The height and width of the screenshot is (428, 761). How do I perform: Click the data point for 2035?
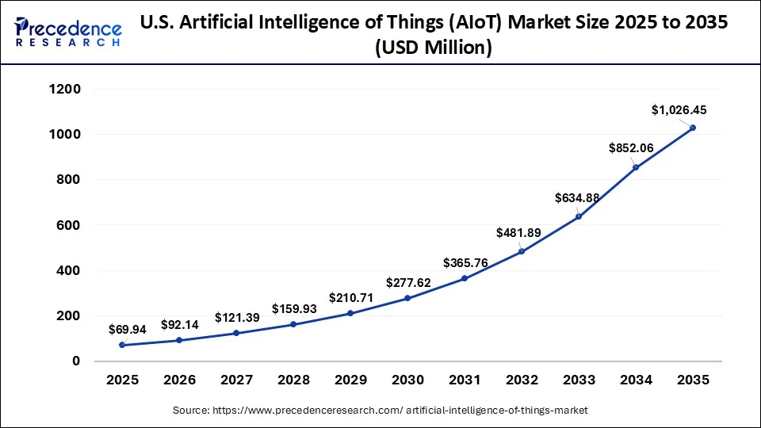pyautogui.click(x=693, y=128)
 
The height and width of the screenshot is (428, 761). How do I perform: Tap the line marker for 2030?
pyautogui.click(x=407, y=298)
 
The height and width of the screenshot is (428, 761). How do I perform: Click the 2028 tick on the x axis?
pyautogui.click(x=293, y=380)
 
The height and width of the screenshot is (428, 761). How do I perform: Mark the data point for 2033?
pyautogui.click(x=579, y=216)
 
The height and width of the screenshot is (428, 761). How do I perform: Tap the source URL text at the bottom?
pyautogui.click(x=380, y=411)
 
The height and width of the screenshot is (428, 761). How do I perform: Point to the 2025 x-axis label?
pyautogui.click(x=122, y=380)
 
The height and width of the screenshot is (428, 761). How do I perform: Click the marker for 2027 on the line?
pyautogui.click(x=236, y=333)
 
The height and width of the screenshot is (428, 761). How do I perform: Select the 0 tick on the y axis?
pyautogui.click(x=76, y=361)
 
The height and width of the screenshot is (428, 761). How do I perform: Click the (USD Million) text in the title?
pyautogui.click(x=434, y=49)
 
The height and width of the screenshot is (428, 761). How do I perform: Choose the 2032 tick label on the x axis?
pyautogui.click(x=522, y=380)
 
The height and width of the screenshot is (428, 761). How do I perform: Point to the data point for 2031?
pyautogui.click(x=465, y=278)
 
